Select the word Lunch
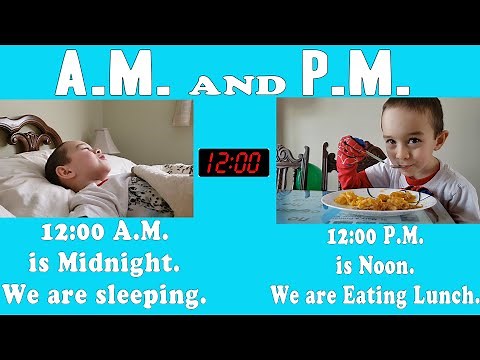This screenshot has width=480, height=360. (x=441, y=296)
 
